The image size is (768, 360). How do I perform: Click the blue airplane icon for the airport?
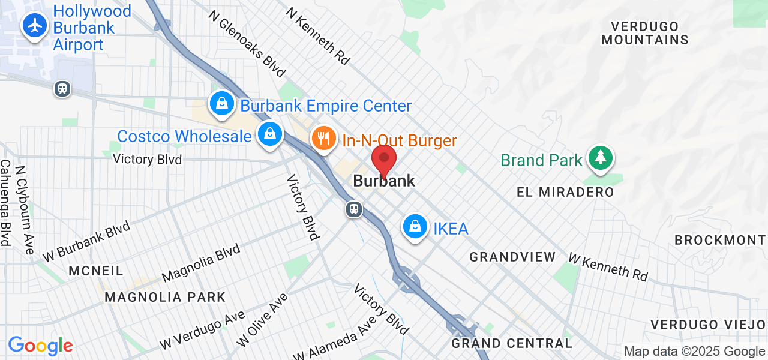(35, 26)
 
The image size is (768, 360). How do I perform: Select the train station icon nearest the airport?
(62, 89)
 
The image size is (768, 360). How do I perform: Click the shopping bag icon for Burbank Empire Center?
(221, 103)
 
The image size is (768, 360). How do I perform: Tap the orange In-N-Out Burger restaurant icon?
(323, 139)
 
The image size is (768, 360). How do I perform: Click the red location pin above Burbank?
(384, 161)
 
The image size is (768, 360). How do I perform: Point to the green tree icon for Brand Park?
(599, 158)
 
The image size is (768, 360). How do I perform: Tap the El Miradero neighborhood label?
(565, 192)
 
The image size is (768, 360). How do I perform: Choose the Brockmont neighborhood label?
(720, 240)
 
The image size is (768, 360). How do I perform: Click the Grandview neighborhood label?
(512, 257)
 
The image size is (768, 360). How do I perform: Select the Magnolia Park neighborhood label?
(165, 297)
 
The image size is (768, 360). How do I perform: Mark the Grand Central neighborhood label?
(512, 343)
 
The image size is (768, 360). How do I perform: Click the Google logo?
(40, 346)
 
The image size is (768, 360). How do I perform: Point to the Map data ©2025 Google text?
(694, 352)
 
